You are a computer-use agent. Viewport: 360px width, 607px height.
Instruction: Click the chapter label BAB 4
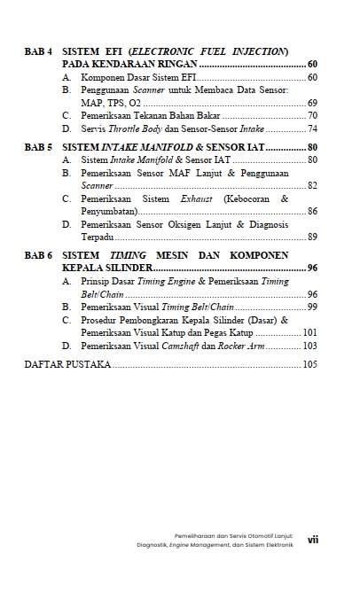coord(38,52)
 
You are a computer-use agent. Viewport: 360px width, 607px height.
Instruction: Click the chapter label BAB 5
coord(38,146)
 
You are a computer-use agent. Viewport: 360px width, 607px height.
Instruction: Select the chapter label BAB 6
coord(38,254)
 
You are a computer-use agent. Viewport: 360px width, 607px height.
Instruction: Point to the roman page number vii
coord(313,538)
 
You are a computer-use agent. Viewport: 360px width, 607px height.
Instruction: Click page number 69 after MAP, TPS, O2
coord(312,103)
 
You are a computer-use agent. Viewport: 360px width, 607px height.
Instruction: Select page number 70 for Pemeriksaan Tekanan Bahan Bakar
coord(312,116)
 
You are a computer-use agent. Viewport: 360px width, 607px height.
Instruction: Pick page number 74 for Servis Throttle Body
coord(312,128)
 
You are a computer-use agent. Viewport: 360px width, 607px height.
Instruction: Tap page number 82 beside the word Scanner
coord(312,186)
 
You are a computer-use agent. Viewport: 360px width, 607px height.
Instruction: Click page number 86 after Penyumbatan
coord(312,212)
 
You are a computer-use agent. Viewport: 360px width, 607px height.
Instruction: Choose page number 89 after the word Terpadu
coord(312,237)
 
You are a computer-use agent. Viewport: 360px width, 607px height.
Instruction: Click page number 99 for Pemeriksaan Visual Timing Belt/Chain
coord(312,307)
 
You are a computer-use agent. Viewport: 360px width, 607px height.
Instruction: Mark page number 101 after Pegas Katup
coord(309,332)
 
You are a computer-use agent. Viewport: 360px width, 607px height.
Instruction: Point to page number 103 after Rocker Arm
coord(309,346)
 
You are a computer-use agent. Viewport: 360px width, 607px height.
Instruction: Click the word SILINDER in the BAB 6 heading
coord(125,268)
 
